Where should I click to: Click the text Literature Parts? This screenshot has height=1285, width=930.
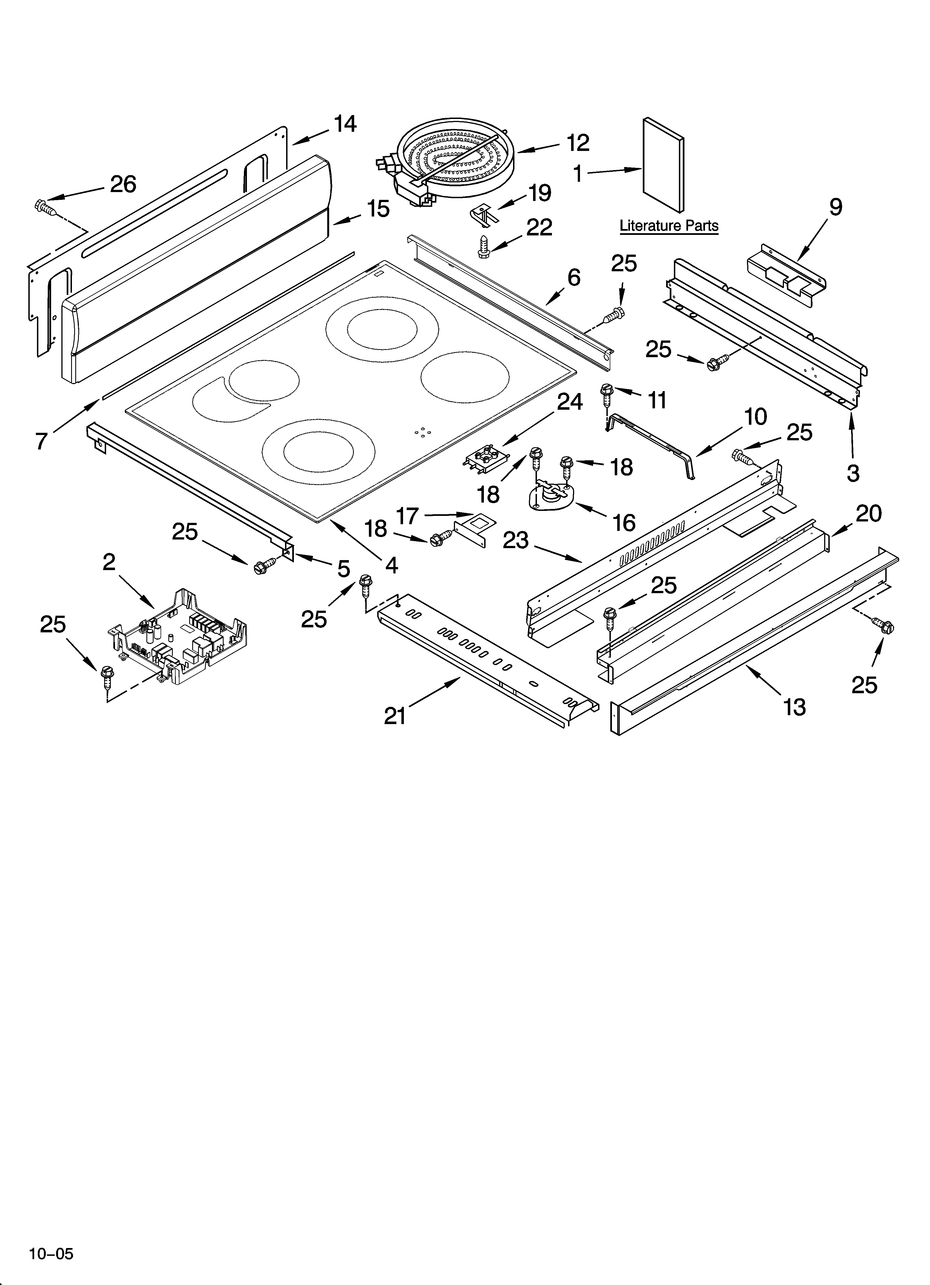669,225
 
